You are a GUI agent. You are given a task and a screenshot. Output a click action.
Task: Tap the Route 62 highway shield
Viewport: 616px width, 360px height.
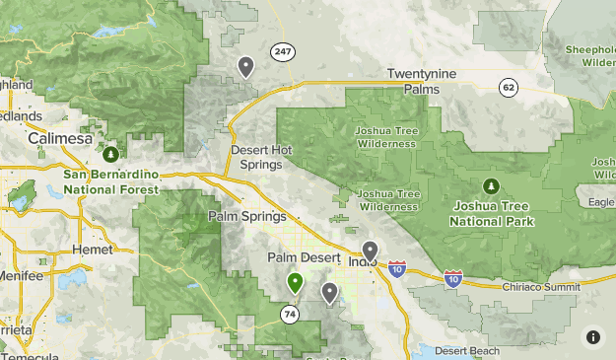click(509, 87)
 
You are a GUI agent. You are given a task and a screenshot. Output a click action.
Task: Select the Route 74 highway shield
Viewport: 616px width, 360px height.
click(289, 315)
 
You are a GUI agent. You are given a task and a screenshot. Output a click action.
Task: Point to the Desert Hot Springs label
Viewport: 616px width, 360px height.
click(261, 156)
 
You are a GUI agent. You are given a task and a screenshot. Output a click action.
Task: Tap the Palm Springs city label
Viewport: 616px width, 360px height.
click(247, 216)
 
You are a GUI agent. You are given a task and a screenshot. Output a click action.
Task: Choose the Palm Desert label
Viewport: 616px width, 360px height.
click(304, 257)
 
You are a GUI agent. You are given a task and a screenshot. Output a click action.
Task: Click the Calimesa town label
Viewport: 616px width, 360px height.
click(59, 139)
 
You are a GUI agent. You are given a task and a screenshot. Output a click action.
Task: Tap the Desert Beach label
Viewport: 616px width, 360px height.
click(466, 350)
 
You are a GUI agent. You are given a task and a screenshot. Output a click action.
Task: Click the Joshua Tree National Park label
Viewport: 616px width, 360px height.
click(492, 214)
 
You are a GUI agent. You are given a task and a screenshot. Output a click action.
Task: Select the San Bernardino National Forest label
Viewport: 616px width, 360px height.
click(110, 180)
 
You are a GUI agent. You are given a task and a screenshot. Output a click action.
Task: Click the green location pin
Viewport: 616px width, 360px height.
click(295, 283)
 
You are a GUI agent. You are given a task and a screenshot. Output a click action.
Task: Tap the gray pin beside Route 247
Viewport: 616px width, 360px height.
click(245, 66)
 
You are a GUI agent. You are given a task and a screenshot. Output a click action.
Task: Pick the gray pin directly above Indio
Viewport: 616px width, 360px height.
click(370, 251)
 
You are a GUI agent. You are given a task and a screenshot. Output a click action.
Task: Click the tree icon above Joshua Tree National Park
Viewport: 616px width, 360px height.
click(491, 185)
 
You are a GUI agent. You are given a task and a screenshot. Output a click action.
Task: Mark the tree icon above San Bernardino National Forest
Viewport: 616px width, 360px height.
click(111, 154)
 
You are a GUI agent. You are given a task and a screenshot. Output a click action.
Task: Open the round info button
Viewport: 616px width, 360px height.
click(592, 336)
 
